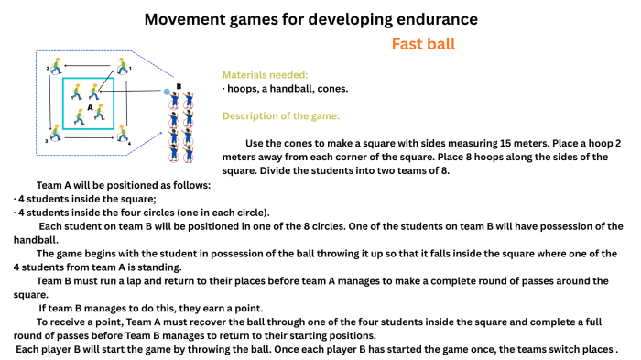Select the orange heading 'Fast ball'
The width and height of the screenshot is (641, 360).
423,44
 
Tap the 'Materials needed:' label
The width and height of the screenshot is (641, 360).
265,74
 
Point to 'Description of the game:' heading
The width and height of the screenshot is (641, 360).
280,116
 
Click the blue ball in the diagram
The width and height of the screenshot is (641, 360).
167,92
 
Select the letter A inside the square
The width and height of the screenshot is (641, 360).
90,105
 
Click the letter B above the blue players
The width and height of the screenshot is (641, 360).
179,87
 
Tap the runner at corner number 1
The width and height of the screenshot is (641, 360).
123,66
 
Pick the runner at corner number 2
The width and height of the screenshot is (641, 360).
57,66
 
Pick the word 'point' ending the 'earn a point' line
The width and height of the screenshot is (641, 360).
247,308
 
